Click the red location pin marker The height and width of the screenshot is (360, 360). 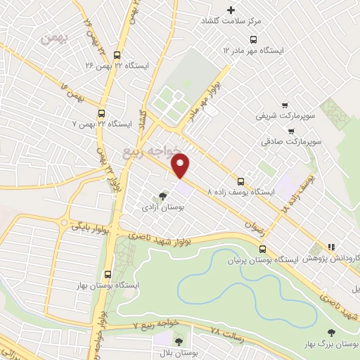coord(181,165)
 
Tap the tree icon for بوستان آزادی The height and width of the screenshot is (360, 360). coord(163,196)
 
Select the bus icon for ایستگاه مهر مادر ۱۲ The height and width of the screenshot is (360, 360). coord(254,39)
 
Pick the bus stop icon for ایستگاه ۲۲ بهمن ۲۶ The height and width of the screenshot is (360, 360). coord(117,55)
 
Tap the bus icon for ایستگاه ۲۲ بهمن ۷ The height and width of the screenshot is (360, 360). coord(103,112)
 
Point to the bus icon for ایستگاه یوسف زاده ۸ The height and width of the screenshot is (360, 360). coord(241,180)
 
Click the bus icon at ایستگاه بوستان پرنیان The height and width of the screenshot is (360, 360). coord(262,248)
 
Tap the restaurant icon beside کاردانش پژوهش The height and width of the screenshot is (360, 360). coord(330,247)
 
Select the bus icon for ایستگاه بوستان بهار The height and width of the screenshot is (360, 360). coord(107,275)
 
